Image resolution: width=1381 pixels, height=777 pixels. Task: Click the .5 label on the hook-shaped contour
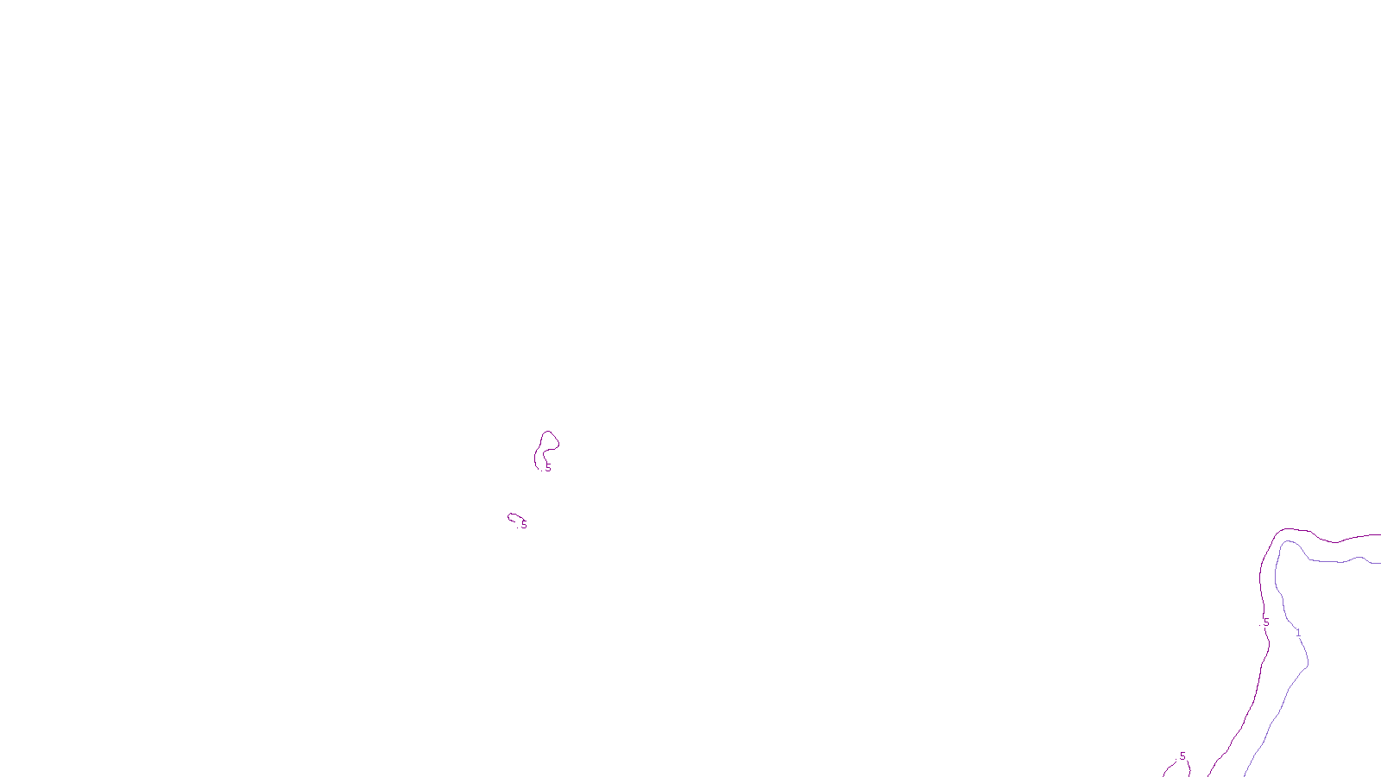click(547, 468)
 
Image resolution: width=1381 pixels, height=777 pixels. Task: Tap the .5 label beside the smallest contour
click(523, 525)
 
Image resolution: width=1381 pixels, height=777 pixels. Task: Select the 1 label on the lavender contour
click(1298, 633)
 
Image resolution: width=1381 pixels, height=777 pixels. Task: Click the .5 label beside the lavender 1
click(1266, 622)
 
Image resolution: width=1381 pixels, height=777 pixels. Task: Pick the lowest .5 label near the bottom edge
click(1182, 756)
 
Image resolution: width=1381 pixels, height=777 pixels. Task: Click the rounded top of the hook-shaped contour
click(548, 433)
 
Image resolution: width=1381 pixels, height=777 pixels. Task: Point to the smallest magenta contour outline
click(514, 517)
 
